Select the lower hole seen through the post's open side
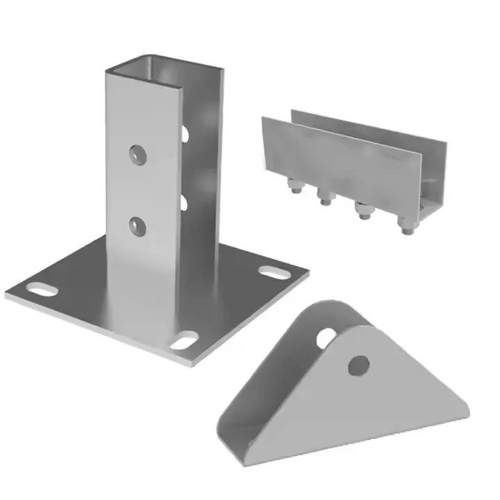[183, 203]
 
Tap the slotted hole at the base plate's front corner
[183, 341]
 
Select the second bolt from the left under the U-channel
[323, 197]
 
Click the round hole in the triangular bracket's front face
[358, 364]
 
